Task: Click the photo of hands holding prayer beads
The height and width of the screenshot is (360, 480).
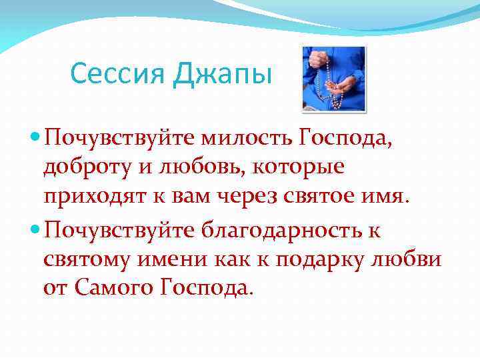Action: (x=333, y=79)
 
